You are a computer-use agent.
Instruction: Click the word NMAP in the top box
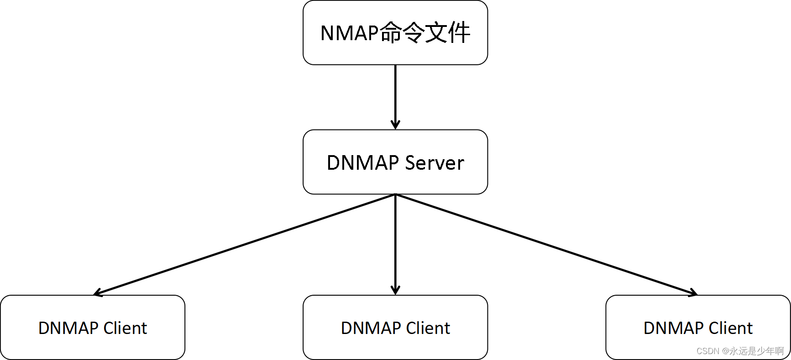tap(350, 33)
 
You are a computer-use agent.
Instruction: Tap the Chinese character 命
tap(391, 33)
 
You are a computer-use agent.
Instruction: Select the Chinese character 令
tap(414, 33)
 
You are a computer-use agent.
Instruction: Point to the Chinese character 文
tap(436, 33)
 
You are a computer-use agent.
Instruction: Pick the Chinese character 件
tap(459, 33)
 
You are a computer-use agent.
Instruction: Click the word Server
tap(435, 163)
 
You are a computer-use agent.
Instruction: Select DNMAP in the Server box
tap(363, 163)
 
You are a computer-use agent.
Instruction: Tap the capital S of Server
tap(410, 163)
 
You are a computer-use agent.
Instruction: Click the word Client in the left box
tap(125, 328)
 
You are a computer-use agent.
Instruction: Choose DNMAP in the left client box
tap(68, 328)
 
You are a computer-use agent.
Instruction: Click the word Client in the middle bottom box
tap(428, 328)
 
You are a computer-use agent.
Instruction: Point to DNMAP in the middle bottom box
tap(371, 328)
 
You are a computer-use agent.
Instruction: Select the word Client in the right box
tap(730, 328)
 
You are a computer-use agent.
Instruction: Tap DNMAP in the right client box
tap(674, 328)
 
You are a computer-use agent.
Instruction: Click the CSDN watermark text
tap(707, 351)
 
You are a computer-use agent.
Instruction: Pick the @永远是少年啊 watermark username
tap(753, 351)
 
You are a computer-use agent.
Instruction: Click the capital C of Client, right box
tap(714, 328)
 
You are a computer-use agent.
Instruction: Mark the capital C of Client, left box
tap(109, 328)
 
